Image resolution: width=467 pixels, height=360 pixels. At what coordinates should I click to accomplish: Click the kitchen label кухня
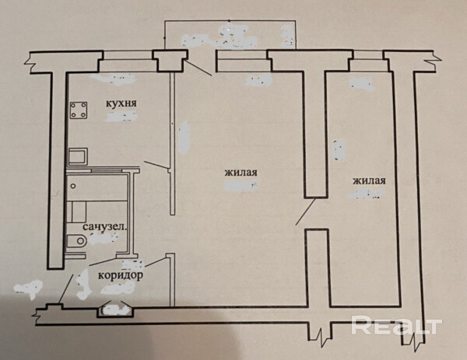121,103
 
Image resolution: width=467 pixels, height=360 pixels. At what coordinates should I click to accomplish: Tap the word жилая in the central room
241,173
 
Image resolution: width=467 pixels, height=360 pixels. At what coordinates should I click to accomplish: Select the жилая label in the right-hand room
369,180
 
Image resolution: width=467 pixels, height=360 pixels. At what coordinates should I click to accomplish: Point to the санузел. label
105,227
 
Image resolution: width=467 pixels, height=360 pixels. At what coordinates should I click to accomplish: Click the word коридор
121,275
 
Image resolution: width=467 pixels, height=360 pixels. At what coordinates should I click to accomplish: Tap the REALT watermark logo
396,325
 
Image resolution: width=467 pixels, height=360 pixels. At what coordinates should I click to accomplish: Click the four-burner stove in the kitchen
79,110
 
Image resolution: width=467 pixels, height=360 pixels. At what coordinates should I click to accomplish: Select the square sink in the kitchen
78,156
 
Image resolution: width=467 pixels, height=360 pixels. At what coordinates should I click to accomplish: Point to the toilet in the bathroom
76,240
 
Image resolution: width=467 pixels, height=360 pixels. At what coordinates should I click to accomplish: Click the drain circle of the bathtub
73,187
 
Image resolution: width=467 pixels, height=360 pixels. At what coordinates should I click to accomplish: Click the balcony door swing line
198,68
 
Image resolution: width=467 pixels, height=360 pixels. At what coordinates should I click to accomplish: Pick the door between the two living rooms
306,211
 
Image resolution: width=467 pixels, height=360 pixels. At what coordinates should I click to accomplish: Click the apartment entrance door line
66,288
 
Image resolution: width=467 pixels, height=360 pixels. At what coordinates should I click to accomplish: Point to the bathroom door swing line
103,261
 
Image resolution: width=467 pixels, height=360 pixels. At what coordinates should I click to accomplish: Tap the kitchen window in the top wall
128,61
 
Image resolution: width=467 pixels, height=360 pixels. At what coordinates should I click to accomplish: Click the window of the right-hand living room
368,61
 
